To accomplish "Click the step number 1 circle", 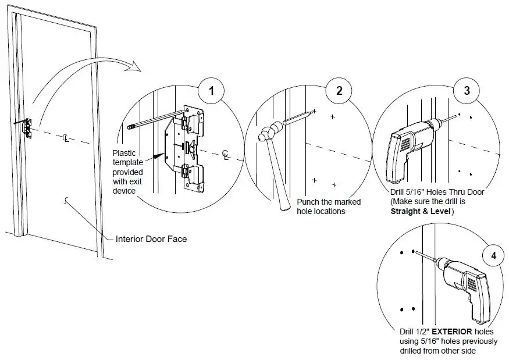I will (211, 91).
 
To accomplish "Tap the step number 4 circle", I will (493, 255).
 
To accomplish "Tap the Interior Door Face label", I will (151, 238).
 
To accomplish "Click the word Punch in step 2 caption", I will (308, 202).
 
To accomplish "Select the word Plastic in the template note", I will (124, 154).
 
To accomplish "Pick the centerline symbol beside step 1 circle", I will (225, 155).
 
